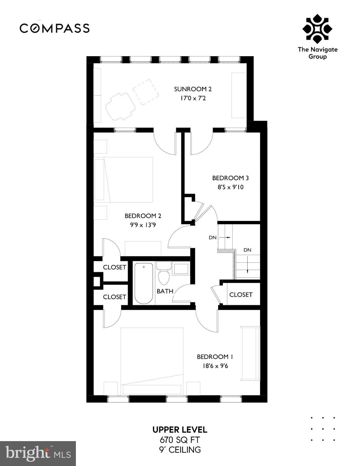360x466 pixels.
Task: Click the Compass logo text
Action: coord(55,28)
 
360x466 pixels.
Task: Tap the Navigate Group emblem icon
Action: coord(317,29)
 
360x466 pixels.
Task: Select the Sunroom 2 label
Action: coord(193,89)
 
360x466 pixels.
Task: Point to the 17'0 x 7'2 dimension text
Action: coord(193,98)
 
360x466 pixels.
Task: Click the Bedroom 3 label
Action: coord(230,178)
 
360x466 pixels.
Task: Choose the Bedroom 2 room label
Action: coord(143,216)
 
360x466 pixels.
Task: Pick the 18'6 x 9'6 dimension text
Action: coord(215,366)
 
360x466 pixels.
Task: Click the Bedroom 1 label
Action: coord(215,357)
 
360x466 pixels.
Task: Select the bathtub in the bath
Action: coord(144,283)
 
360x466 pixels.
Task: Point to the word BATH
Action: coord(165,291)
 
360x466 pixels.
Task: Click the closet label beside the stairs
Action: coord(241,295)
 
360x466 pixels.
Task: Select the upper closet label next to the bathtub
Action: coord(114,267)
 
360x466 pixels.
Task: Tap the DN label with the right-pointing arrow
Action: coord(213,238)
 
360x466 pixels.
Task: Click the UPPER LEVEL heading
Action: coord(180,430)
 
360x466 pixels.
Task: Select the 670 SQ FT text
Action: coord(180,440)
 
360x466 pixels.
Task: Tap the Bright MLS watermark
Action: coord(38,454)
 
